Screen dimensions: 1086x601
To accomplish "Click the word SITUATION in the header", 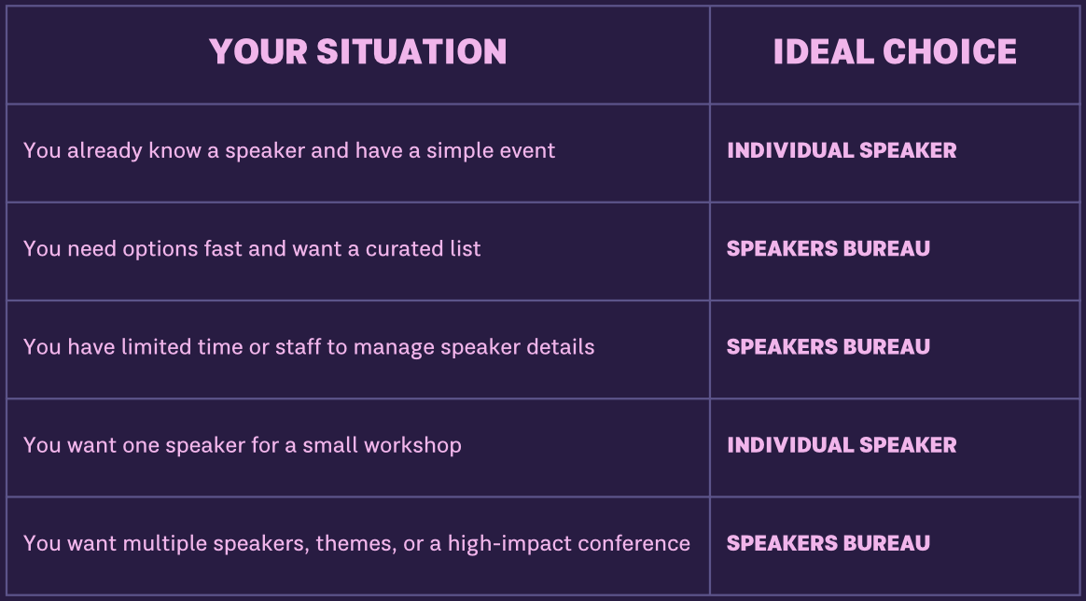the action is pyautogui.click(x=411, y=52).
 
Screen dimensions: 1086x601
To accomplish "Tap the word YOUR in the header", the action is pyautogui.click(x=258, y=52).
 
